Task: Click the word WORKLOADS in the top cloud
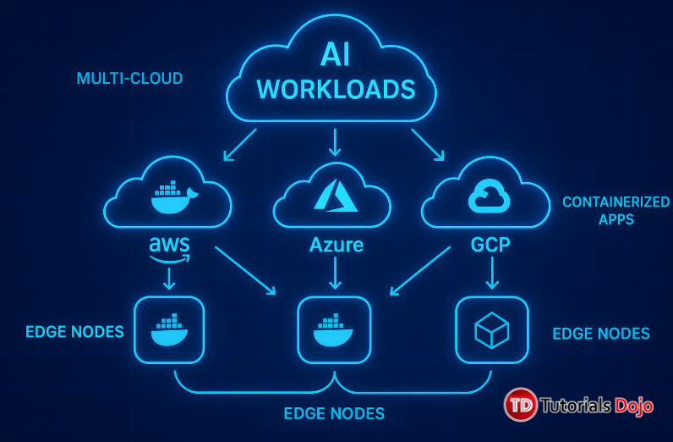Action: tap(336, 89)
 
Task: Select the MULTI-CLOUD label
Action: tap(129, 79)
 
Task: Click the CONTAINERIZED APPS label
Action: tap(616, 210)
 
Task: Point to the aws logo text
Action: tap(169, 246)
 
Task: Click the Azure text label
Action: tap(336, 246)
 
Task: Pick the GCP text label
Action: tap(491, 246)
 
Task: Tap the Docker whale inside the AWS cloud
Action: tap(172, 198)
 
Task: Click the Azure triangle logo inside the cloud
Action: tap(336, 195)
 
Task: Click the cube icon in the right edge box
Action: tap(491, 330)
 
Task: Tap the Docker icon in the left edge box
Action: tap(169, 330)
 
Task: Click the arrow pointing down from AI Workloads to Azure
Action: tap(336, 141)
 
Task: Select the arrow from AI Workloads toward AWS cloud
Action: tap(239, 144)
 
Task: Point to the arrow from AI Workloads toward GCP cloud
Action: tap(428, 144)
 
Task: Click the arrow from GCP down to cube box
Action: tap(491, 273)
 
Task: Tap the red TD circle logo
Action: tap(522, 405)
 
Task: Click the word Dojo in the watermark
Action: tap(633, 406)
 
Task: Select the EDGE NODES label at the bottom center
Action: tap(334, 414)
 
